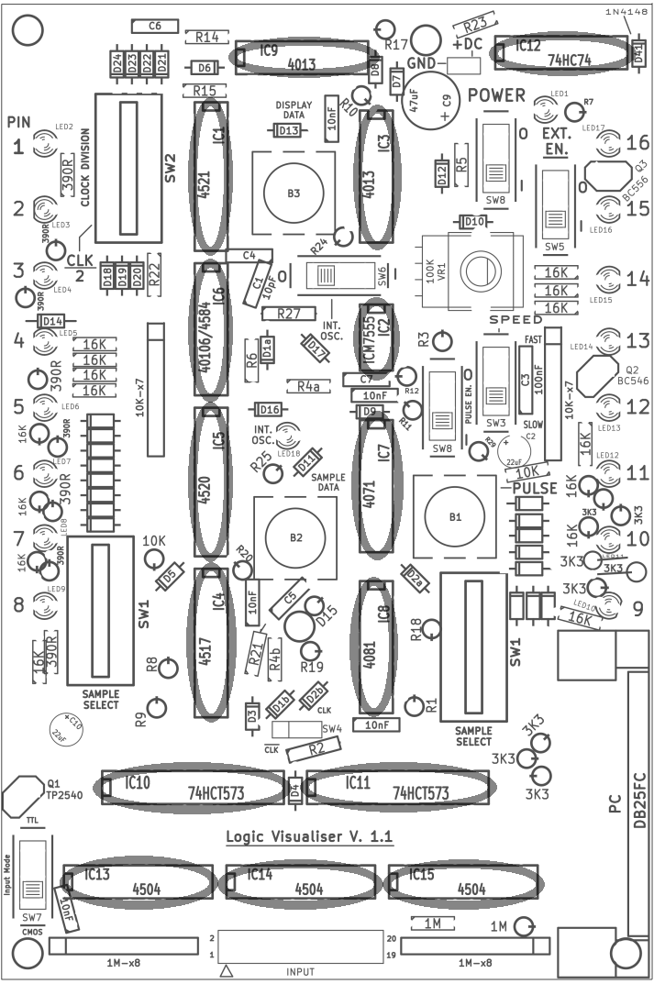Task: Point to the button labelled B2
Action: (294, 537)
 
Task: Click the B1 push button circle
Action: (455, 517)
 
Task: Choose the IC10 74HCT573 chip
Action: (193, 788)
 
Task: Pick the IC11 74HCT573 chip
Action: (400, 788)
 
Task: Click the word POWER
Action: (495, 95)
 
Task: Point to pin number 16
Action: (638, 142)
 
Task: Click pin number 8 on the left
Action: (18, 604)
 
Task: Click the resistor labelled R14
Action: (207, 38)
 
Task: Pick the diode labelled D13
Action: (289, 131)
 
